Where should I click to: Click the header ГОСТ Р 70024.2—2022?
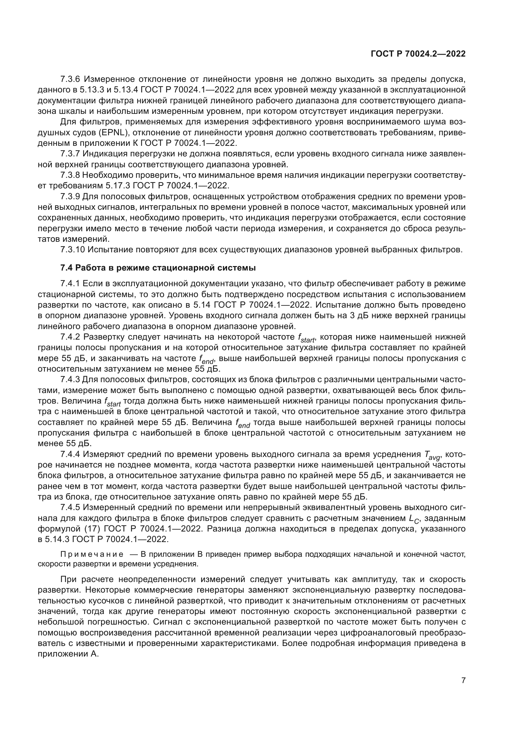[418, 54]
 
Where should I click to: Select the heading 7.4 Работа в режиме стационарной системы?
[158, 268]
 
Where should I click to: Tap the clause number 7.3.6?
[70, 79]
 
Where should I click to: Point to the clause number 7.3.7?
[70, 154]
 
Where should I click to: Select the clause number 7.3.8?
[70, 175]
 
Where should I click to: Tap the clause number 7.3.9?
[70, 196]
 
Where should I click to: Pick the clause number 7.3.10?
[72, 250]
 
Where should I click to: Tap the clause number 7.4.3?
[70, 380]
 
